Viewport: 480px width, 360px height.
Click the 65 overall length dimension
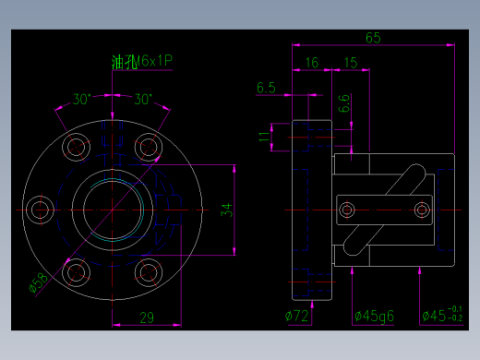tap(373, 38)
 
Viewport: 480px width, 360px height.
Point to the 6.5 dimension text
tap(266, 88)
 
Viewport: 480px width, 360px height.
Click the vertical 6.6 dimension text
tap(344, 103)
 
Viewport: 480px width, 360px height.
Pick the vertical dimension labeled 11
tap(265, 138)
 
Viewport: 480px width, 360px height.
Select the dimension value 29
tap(146, 318)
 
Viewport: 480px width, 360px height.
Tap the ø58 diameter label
tap(40, 283)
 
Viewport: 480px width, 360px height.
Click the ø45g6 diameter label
tap(374, 317)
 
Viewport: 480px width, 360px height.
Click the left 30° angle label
tap(82, 99)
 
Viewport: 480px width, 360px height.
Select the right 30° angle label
tap(143, 99)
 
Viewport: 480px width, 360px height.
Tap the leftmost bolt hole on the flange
tap(39, 210)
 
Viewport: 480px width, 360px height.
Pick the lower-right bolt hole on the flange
tap(148, 272)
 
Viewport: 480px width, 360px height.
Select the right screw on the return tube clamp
tap(422, 208)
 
